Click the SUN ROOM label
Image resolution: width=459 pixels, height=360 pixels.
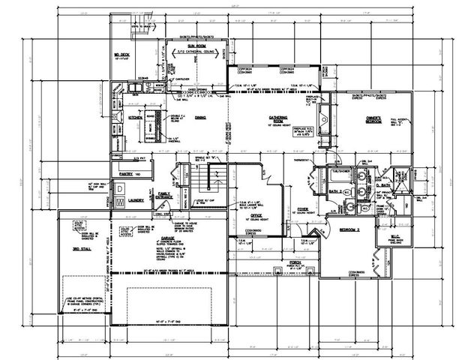tap(180, 46)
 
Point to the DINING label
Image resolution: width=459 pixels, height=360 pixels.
tap(201, 118)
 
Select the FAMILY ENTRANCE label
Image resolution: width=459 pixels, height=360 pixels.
tap(163, 196)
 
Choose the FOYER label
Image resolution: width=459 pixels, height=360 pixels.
tap(303, 209)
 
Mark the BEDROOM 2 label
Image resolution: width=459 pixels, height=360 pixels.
tap(349, 229)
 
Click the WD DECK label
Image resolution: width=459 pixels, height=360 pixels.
tap(122, 55)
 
